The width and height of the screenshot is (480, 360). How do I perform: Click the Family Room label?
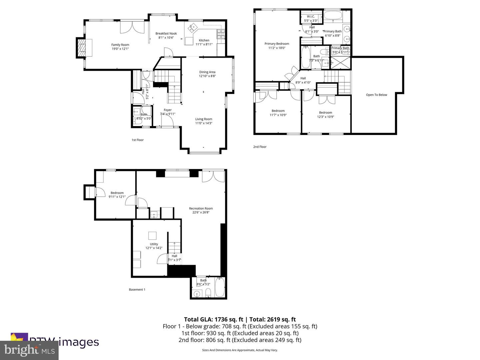coord(120,45)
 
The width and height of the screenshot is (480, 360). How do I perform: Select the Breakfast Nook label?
coord(166,33)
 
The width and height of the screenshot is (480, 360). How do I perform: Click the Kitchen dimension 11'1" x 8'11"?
coord(204,44)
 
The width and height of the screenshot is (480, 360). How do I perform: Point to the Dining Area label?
coord(207,72)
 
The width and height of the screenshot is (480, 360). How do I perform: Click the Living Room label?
coord(203,119)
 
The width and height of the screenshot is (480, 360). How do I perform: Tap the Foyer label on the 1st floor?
coord(168,110)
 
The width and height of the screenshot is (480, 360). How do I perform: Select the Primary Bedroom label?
coord(277,44)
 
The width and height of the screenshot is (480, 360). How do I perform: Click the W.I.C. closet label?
coord(311,16)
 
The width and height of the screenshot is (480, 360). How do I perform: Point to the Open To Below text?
coord(376,95)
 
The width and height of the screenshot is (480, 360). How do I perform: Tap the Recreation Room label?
coord(201,208)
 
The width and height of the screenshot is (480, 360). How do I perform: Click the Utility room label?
coord(154,244)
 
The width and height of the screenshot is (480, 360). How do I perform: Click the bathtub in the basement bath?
coord(220,287)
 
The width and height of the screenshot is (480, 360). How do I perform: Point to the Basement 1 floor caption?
coord(137,290)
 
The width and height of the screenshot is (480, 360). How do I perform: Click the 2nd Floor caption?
coord(260,147)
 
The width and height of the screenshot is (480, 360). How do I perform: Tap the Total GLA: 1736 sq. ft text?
coord(213,319)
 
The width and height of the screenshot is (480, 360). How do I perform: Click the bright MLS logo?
coord(29,350)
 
